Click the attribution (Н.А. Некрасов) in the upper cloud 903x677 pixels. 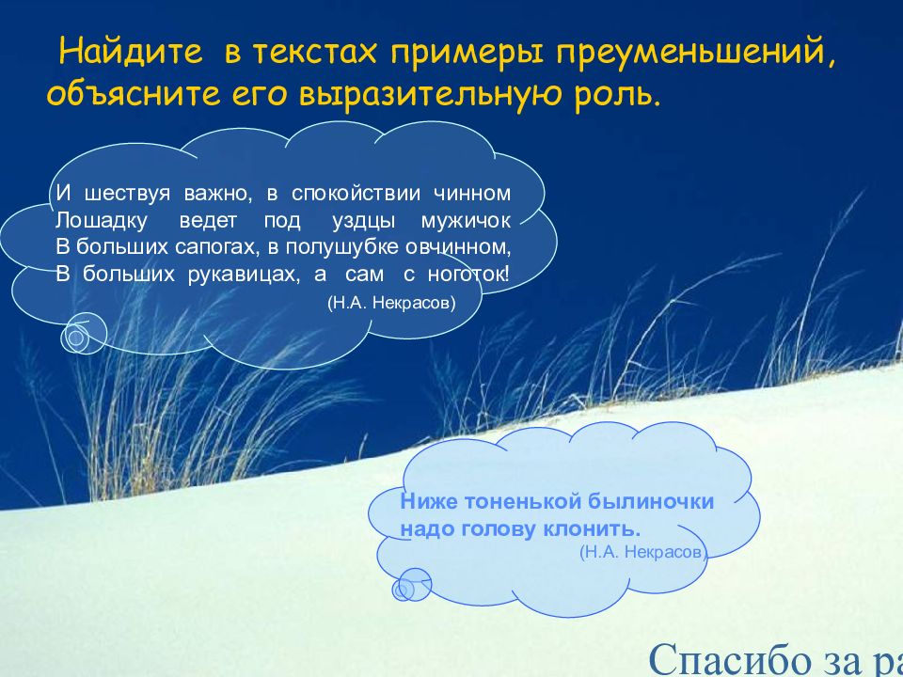[x=391, y=303]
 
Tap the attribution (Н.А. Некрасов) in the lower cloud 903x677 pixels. [x=643, y=552]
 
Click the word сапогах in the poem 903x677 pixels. [x=181, y=248]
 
